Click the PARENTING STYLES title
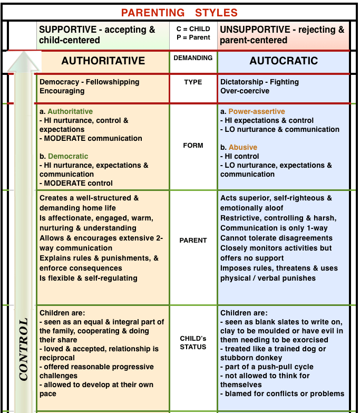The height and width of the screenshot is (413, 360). [180, 12]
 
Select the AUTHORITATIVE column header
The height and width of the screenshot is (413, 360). [103, 61]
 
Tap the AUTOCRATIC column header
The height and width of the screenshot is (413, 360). [284, 61]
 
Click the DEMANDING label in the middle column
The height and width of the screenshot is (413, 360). [193, 58]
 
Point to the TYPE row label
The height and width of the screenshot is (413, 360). [193, 82]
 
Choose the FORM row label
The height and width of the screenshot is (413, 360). [193, 146]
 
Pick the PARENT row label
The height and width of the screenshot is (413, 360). [193, 240]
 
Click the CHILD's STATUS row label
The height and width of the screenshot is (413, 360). [193, 342]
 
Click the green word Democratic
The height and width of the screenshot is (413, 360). [68, 156]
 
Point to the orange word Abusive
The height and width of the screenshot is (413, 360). [243, 147]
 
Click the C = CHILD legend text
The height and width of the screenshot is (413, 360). [193, 28]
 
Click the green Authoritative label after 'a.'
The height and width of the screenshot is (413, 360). [70, 111]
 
